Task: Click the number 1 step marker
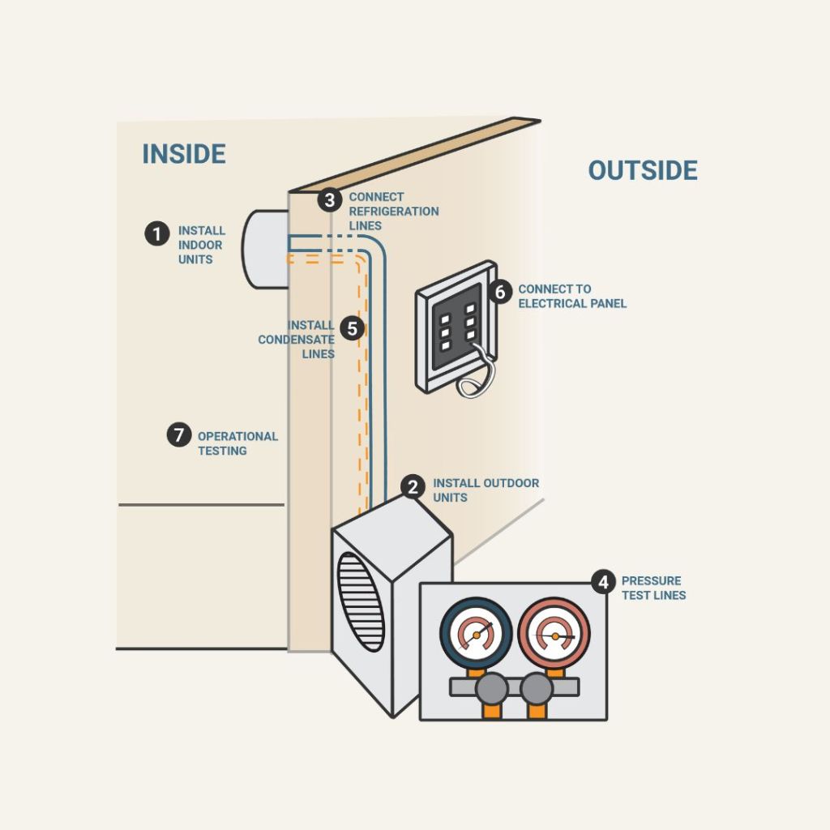tap(156, 234)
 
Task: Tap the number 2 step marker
tap(413, 487)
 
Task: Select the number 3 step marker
tap(329, 200)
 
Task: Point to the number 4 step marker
tap(602, 581)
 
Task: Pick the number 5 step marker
tap(352, 328)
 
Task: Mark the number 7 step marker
tap(178, 434)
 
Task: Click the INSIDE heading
tap(183, 154)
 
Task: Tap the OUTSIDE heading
tap(642, 171)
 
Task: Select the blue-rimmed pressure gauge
tap(476, 633)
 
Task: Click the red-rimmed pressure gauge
tap(554, 633)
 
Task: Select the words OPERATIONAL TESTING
tap(237, 443)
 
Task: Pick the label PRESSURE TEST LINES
tap(653, 588)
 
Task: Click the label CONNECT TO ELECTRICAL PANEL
tap(572, 296)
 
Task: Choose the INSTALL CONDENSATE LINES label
tap(297, 340)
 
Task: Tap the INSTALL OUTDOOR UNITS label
tap(485, 490)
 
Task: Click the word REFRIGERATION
tap(394, 212)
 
